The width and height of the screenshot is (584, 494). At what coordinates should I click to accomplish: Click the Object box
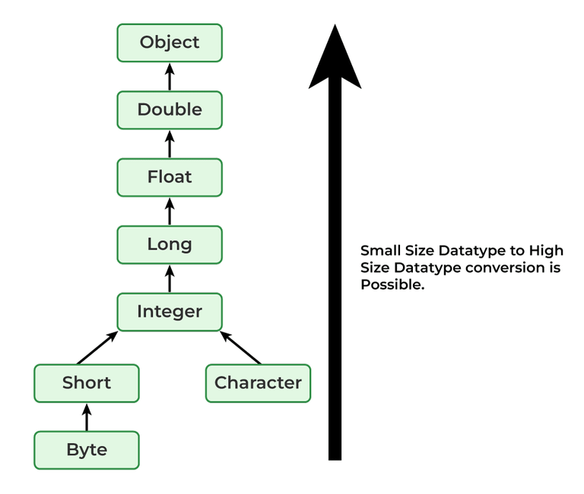170,43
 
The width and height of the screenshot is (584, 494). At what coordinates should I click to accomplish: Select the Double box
170,110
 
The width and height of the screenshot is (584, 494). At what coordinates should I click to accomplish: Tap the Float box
170,177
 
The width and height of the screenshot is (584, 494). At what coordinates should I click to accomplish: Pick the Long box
170,245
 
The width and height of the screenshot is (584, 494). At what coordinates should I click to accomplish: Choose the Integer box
170,312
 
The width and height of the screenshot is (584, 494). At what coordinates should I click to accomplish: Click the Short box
87,383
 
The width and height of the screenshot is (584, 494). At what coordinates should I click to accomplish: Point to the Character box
258,383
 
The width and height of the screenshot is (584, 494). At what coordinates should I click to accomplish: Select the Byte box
87,450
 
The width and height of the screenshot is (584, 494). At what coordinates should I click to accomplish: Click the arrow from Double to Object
170,77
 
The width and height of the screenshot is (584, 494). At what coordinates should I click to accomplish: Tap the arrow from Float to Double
170,144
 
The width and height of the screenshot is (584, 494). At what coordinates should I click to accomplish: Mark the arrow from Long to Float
170,211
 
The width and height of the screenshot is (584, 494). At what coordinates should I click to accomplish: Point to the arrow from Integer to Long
170,278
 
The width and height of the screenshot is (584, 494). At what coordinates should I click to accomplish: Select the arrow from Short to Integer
97,347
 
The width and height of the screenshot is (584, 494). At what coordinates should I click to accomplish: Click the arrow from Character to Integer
240,347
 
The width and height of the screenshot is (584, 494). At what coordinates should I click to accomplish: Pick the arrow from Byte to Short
87,416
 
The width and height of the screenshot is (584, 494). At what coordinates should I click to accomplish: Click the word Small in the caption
379,251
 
